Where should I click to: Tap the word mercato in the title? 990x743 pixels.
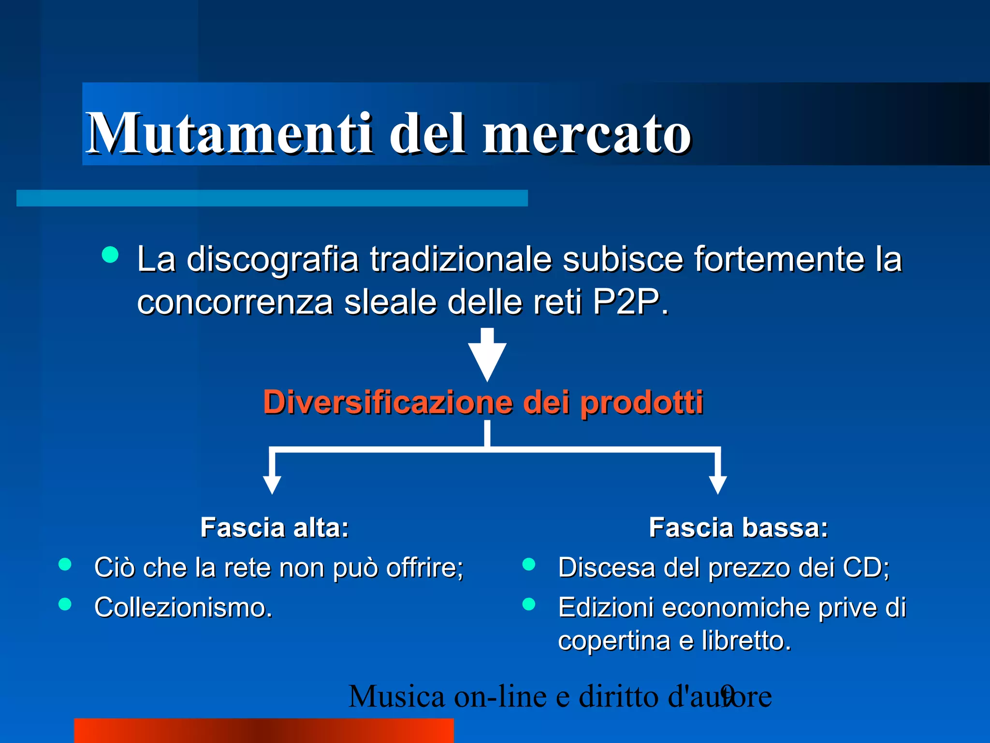tap(587, 134)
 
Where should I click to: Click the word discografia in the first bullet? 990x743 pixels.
tap(273, 259)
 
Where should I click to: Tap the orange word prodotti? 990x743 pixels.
tap(641, 402)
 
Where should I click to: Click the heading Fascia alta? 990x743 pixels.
tap(275, 527)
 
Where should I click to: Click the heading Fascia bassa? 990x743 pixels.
tap(738, 527)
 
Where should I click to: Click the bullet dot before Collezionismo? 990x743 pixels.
tap(65, 604)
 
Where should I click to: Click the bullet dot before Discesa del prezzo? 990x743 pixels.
tap(529, 565)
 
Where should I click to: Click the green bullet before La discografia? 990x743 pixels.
tap(110, 255)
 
